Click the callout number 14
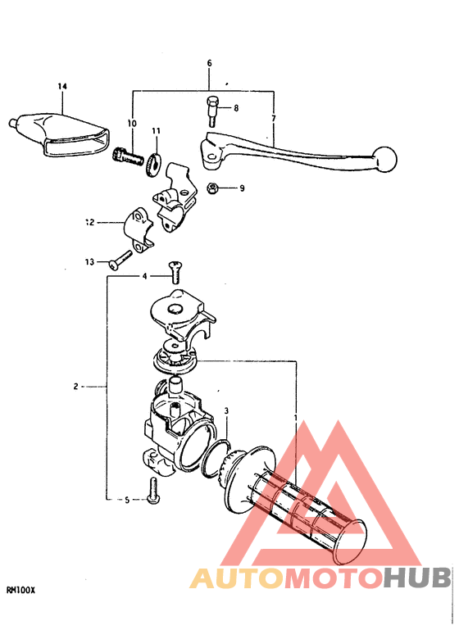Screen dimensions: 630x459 (x=61, y=86)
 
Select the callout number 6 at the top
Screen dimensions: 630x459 (x=209, y=63)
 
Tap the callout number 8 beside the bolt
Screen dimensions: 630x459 (x=235, y=108)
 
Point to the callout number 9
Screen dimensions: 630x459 (x=242, y=188)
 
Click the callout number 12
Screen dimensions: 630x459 (x=89, y=221)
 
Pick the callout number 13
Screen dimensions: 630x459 (x=89, y=262)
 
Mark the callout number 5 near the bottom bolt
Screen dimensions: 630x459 (x=127, y=499)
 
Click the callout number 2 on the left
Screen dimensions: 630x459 (x=75, y=386)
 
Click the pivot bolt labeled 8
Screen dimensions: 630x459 (x=212, y=110)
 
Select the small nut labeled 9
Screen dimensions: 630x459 (x=211, y=188)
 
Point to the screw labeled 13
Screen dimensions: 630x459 (x=119, y=261)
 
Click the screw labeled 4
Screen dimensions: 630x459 (x=174, y=271)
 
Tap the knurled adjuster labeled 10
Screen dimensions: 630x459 (x=125, y=155)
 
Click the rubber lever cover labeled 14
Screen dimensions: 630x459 (x=61, y=129)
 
